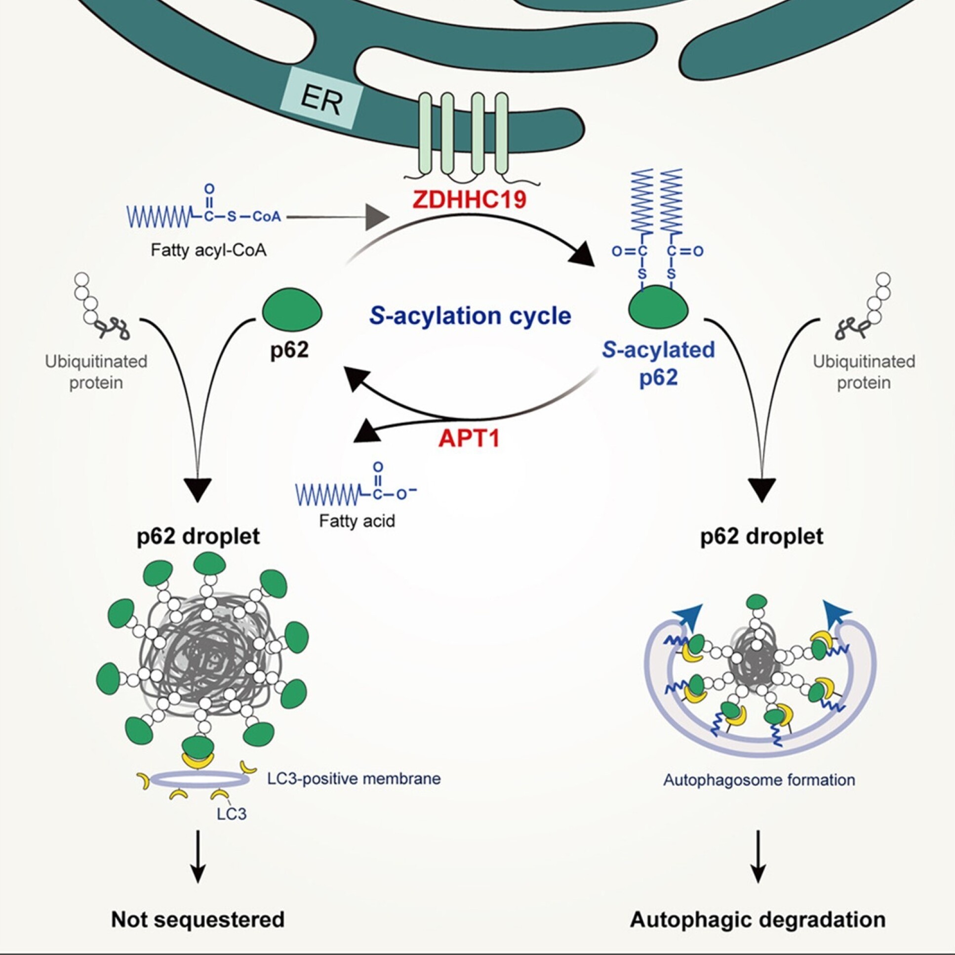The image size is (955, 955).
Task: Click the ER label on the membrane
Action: pos(321,99)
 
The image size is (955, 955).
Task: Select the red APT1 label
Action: pos(469,438)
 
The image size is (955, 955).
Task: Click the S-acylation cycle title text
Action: pos(470,316)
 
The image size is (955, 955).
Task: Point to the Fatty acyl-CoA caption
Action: pos(208,250)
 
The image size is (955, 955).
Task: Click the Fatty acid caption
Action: pos(357,521)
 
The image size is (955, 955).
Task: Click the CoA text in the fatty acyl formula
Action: pos(267,217)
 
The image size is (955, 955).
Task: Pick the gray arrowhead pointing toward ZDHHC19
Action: pos(377,217)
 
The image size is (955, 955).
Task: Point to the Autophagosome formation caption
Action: pos(759,781)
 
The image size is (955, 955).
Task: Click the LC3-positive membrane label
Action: pos(354,779)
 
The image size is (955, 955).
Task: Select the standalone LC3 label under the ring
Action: pos(231,814)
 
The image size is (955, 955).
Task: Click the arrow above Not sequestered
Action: pos(198,857)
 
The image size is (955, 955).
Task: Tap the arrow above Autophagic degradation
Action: pos(758,857)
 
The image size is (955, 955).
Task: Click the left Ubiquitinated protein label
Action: pos(96,372)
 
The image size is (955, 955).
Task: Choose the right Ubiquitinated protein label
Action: pos(864,372)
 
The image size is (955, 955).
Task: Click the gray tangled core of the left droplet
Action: pos(202,658)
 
